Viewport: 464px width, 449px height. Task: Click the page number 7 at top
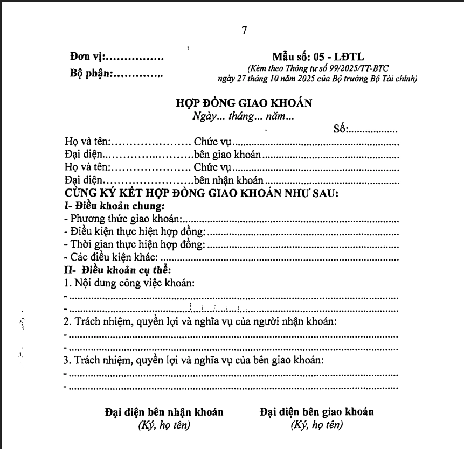[x=244, y=31]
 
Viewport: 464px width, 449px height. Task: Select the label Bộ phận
[x=90, y=74]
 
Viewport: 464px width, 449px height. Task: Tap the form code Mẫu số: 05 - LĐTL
[x=318, y=57]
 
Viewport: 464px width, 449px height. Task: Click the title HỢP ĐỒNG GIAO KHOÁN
[x=244, y=103]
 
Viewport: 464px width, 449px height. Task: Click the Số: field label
[x=341, y=129]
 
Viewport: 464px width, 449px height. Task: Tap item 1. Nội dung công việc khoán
[x=129, y=283]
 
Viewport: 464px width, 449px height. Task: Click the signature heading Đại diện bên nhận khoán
[x=164, y=412]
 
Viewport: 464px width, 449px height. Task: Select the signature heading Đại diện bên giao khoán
[x=316, y=412]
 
